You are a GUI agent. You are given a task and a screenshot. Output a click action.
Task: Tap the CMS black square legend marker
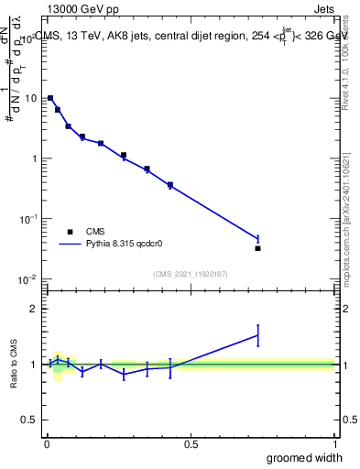click(x=70, y=232)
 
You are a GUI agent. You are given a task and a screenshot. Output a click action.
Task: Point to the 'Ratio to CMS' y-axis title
click(x=14, y=365)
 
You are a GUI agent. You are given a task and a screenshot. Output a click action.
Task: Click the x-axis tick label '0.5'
click(x=191, y=444)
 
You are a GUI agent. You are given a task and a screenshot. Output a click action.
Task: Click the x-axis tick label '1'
click(x=334, y=444)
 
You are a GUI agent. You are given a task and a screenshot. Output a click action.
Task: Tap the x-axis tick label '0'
click(x=47, y=444)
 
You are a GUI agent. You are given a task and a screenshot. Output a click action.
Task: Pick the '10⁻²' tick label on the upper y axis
click(x=29, y=278)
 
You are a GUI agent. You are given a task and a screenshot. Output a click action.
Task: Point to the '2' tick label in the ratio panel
click(x=35, y=309)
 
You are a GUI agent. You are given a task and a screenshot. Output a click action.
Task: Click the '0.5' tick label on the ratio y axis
click(x=30, y=420)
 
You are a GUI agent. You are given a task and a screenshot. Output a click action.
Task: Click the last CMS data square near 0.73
click(x=257, y=248)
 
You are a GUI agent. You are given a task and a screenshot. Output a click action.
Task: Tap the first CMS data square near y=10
click(x=50, y=98)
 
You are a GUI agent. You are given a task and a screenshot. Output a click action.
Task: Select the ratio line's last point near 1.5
click(x=257, y=335)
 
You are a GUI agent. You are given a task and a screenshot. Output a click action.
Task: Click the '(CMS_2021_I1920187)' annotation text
click(x=191, y=273)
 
